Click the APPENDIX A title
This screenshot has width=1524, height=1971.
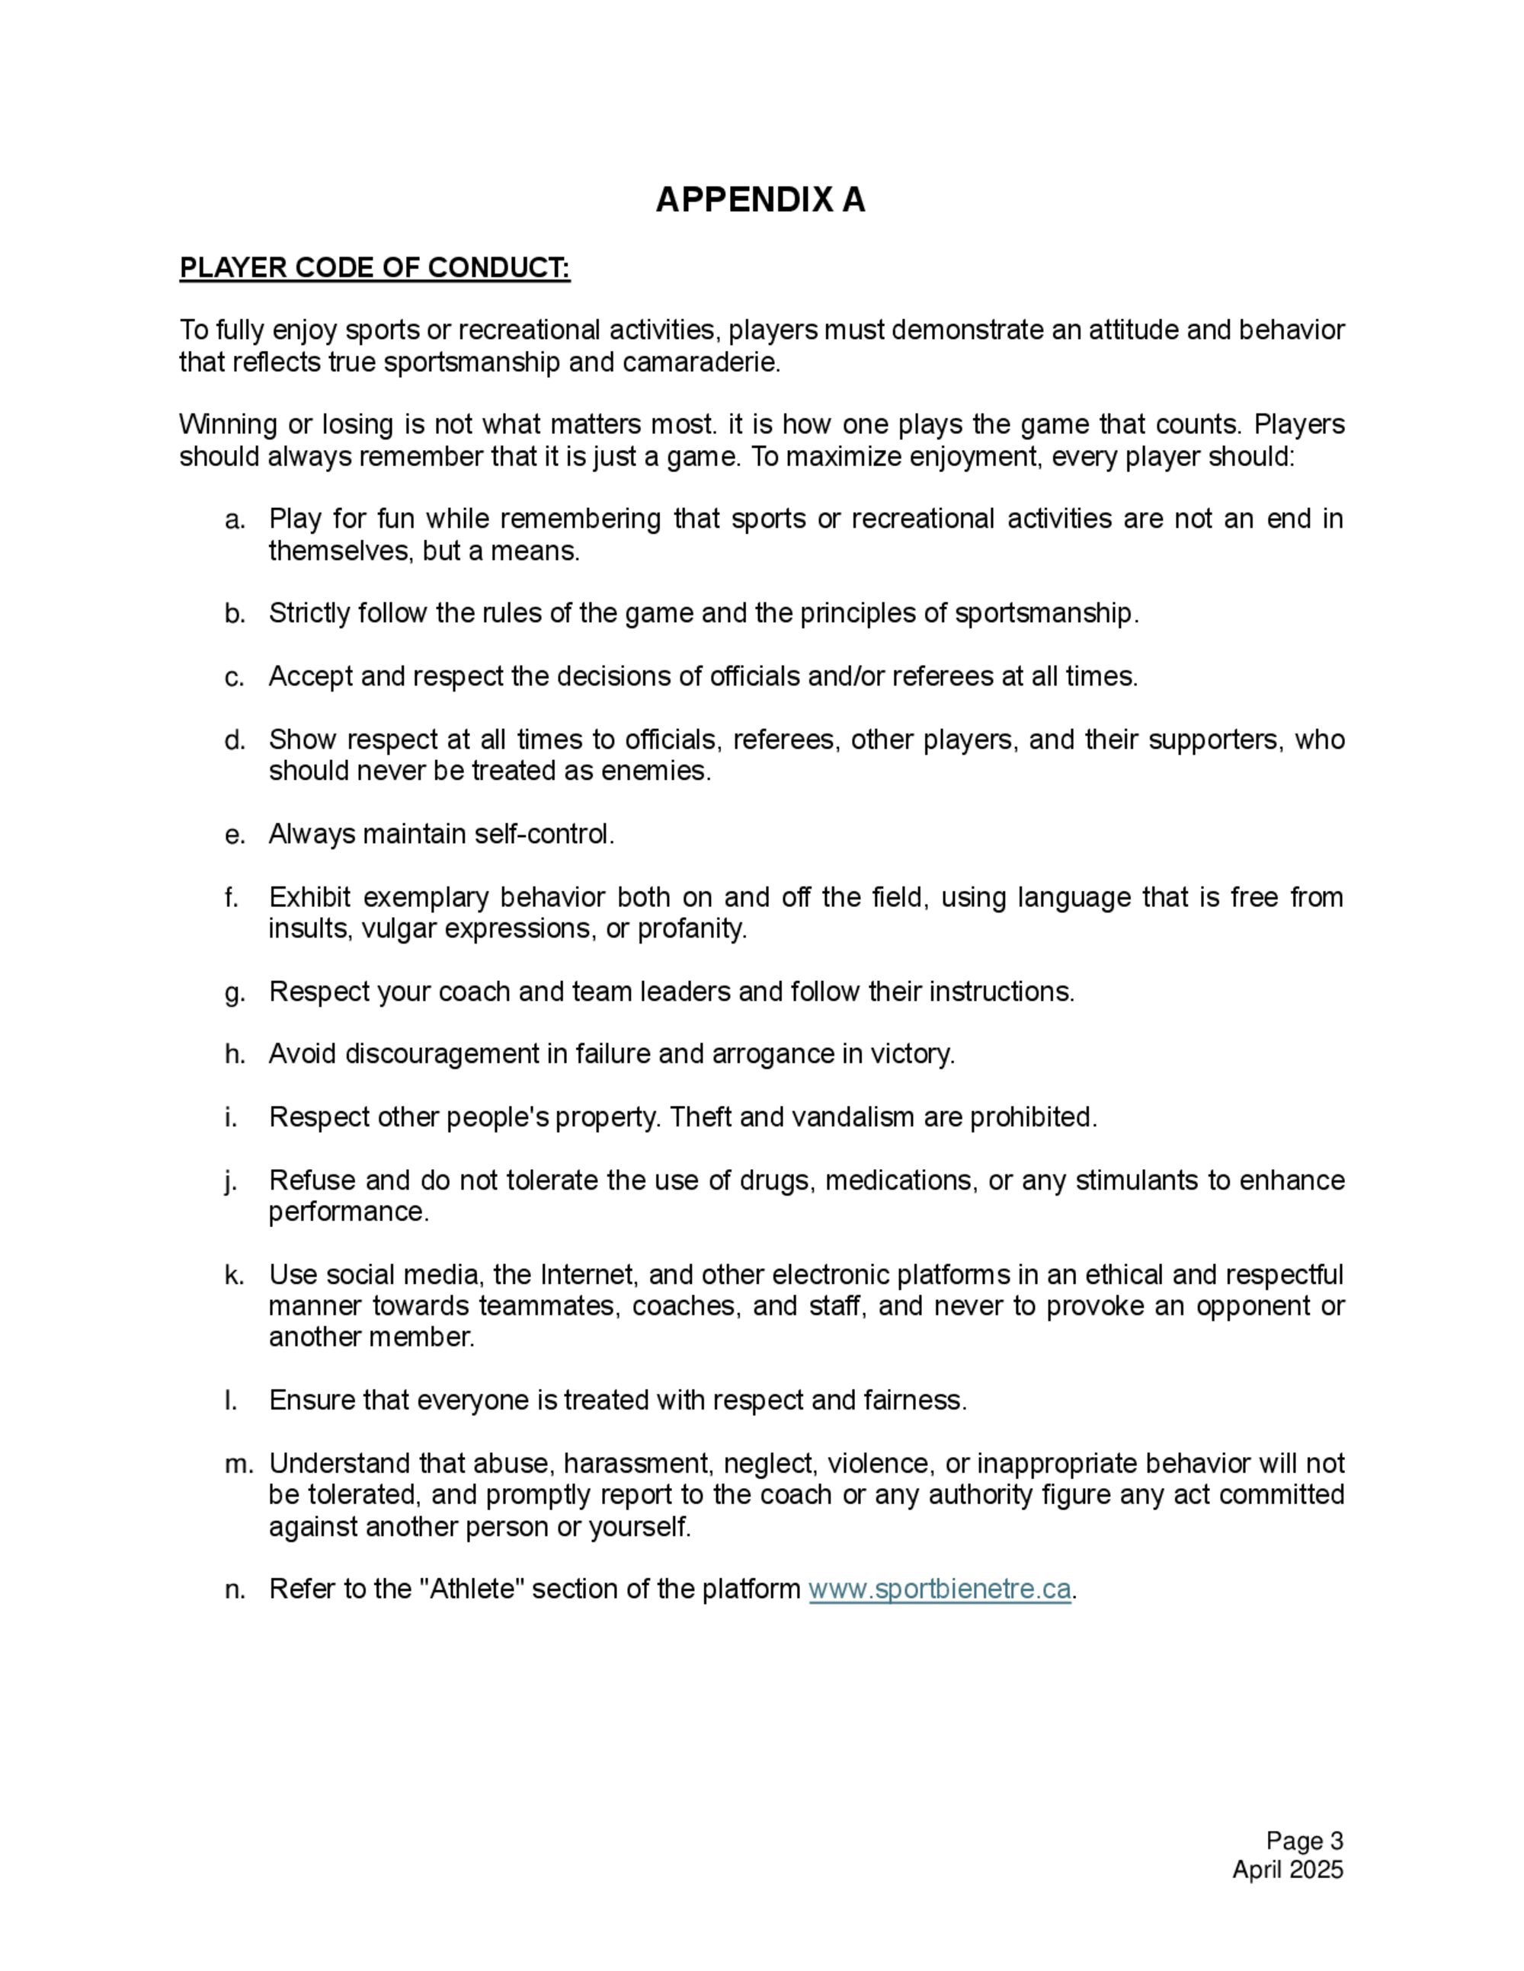(760, 200)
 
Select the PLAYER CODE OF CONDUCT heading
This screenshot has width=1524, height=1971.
(375, 268)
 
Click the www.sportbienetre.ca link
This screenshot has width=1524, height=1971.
(939, 1589)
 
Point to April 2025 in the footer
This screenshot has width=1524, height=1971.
(1288, 1869)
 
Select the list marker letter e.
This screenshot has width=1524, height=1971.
(234, 835)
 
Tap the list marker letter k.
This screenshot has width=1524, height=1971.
(234, 1275)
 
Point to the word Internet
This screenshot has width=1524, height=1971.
(590, 1275)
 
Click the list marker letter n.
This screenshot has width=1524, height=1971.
(234, 1589)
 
